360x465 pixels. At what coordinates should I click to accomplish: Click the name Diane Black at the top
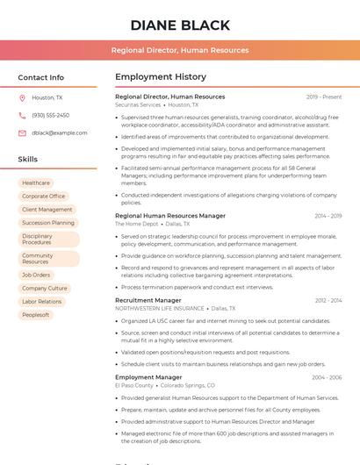pyautogui.click(x=180, y=25)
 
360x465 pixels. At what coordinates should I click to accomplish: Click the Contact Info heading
pyautogui.click(x=40, y=77)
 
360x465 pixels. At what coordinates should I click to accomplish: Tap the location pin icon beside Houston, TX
pyautogui.click(x=22, y=98)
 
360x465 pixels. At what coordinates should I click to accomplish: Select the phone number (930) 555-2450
pyautogui.click(x=50, y=116)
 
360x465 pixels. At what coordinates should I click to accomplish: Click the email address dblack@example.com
pyautogui.click(x=59, y=133)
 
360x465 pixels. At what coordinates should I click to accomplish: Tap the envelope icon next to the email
pyautogui.click(x=22, y=133)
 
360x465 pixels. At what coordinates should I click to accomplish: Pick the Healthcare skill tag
pyautogui.click(x=36, y=183)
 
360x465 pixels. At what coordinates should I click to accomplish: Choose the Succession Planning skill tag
pyautogui.click(x=48, y=223)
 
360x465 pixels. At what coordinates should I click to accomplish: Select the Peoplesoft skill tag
pyautogui.click(x=36, y=315)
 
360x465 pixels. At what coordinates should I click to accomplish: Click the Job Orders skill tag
pyautogui.click(x=36, y=275)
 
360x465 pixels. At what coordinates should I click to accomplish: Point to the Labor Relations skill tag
pyautogui.click(x=42, y=302)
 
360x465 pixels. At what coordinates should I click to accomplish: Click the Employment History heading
pyautogui.click(x=161, y=77)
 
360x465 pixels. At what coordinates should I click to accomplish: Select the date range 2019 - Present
pyautogui.click(x=324, y=97)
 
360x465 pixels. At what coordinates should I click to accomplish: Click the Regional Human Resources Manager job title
pyautogui.click(x=170, y=215)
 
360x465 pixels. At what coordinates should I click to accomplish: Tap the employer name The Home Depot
pyautogui.click(x=137, y=224)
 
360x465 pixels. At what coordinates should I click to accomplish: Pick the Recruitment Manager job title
pyautogui.click(x=148, y=300)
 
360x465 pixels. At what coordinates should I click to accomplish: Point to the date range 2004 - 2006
pyautogui.click(x=327, y=377)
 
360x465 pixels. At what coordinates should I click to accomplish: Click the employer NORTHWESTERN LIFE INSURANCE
pyautogui.click(x=159, y=309)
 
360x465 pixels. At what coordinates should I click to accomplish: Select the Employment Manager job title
pyautogui.click(x=148, y=377)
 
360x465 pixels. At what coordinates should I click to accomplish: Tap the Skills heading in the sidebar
pyautogui.click(x=27, y=160)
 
